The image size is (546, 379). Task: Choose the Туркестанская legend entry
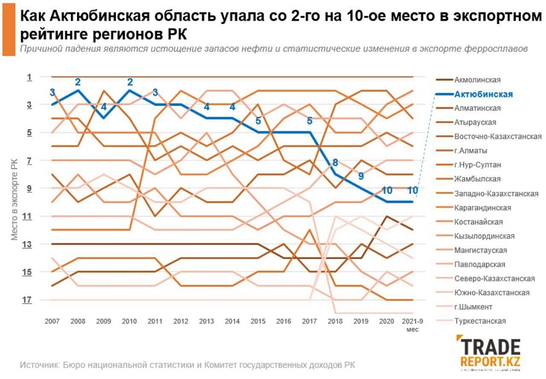click(480, 320)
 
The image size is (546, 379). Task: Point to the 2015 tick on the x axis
click(258, 321)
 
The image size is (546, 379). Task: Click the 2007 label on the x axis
click(52, 321)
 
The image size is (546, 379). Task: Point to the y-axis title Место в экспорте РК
click(14, 198)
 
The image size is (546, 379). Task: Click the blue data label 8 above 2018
click(335, 163)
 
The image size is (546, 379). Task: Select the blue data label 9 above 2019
click(361, 177)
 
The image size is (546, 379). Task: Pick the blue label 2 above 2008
click(78, 83)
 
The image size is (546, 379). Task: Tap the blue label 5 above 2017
click(310, 122)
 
